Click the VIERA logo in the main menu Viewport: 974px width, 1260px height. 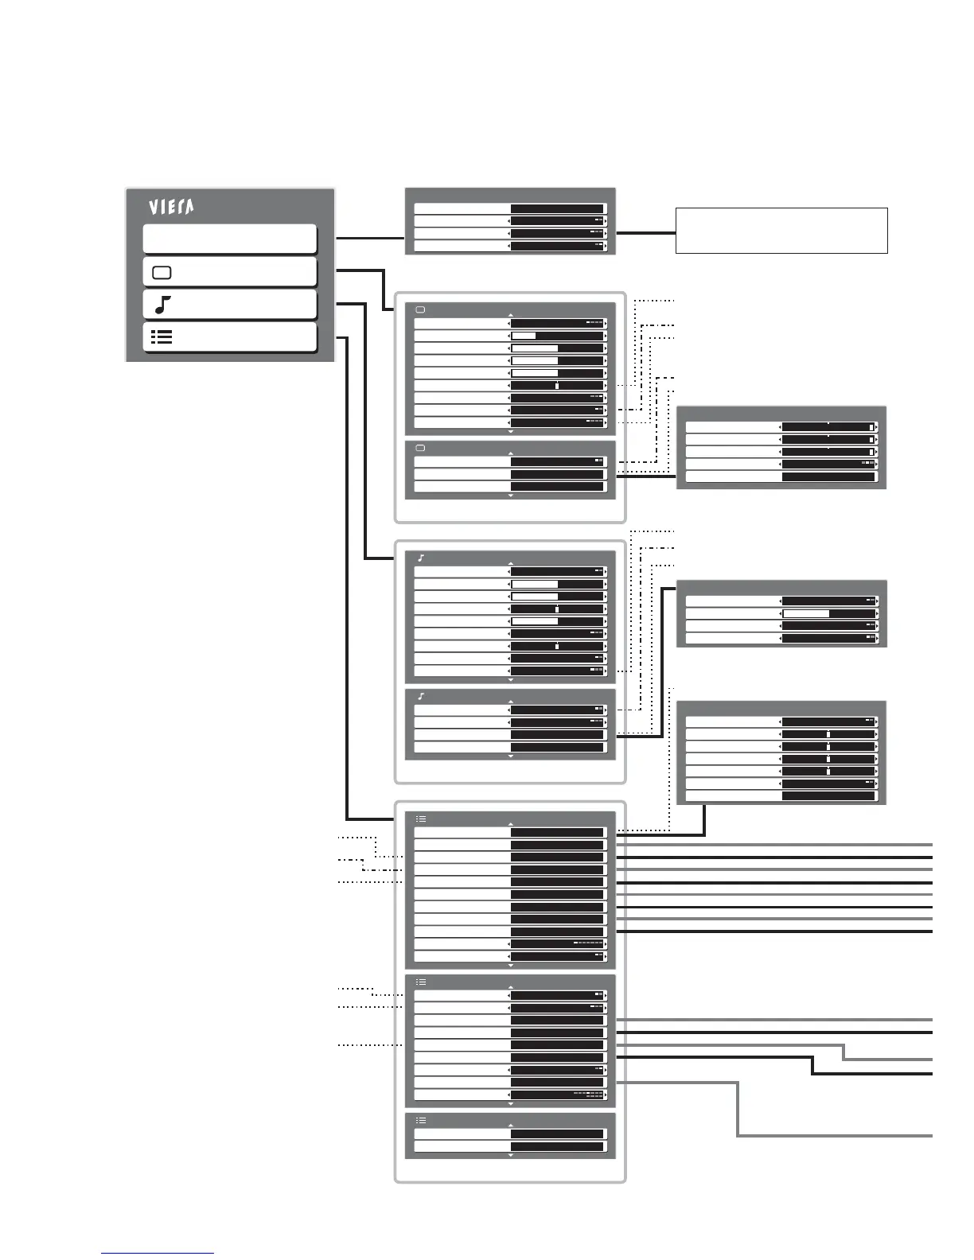click(x=171, y=207)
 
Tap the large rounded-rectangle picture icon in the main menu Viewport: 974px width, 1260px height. click(x=162, y=273)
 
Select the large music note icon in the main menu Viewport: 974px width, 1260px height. click(x=162, y=305)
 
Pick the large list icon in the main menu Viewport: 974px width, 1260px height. click(x=162, y=337)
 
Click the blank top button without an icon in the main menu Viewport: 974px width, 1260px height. click(x=230, y=239)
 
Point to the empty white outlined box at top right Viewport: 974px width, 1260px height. click(x=781, y=231)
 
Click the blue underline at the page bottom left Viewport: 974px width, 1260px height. click(x=158, y=1254)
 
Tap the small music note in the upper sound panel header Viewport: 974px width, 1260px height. click(x=421, y=558)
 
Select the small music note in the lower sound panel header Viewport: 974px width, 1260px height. click(x=421, y=696)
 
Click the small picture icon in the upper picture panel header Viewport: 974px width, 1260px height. click(x=421, y=309)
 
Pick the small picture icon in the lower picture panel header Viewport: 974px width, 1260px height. click(x=421, y=448)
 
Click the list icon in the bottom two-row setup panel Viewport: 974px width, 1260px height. click(x=421, y=1120)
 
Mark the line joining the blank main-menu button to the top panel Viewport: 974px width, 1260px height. click(x=370, y=238)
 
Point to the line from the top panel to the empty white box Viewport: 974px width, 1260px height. click(x=645, y=233)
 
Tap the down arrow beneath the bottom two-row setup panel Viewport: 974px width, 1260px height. click(x=511, y=1155)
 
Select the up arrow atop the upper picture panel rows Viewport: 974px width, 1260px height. click(x=511, y=316)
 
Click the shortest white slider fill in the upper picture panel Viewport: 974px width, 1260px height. click(x=524, y=336)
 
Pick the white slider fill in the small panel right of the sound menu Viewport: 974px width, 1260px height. click(x=806, y=614)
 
